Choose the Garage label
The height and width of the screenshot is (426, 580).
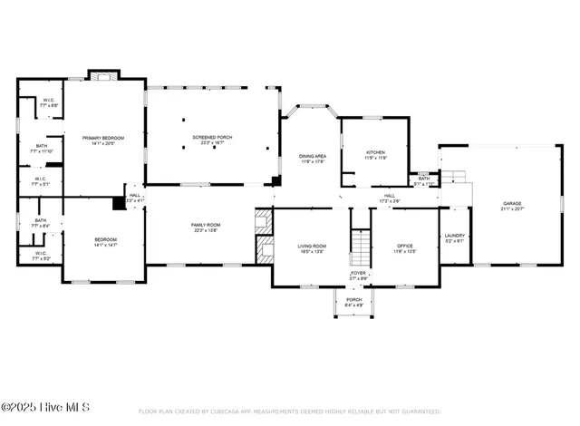[513, 205]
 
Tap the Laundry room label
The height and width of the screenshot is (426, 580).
[454, 237]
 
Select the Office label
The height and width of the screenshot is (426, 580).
[405, 247]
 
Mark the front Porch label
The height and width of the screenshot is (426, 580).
[353, 302]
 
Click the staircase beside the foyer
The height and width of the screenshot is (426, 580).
[361, 245]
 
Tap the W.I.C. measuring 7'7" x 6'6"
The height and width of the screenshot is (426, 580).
[49, 102]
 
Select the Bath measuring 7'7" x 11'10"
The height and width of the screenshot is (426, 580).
[42, 149]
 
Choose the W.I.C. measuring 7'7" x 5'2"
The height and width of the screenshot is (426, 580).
[40, 256]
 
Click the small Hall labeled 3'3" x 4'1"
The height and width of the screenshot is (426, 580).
[134, 197]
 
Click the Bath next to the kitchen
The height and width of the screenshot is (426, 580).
[423, 180]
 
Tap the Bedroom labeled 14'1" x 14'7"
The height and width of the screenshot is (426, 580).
[104, 242]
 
